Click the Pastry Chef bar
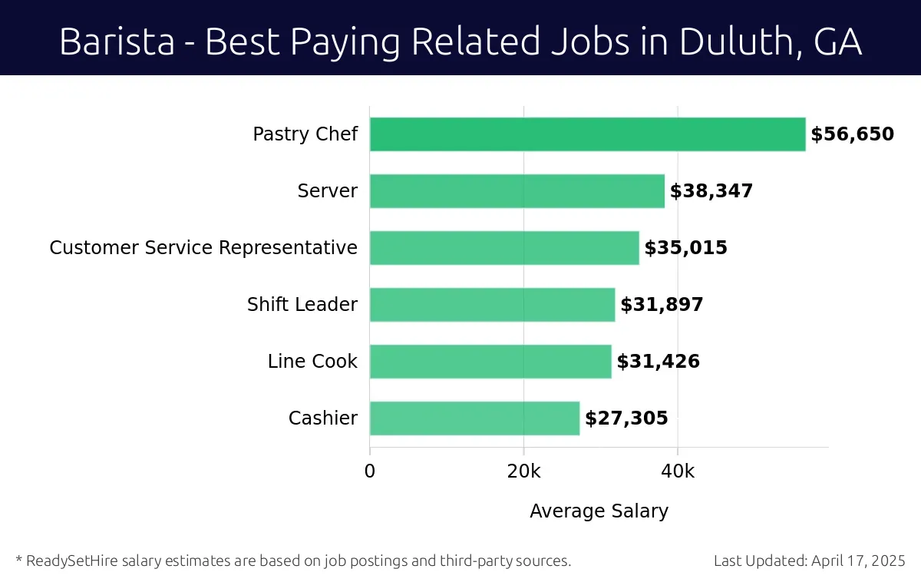point(587,134)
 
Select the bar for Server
point(517,191)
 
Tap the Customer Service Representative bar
point(504,248)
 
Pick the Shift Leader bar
point(492,305)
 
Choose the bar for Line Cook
point(490,362)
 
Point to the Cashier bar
point(474,418)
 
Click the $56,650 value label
point(852,134)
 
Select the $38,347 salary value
point(711,191)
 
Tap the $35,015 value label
point(685,248)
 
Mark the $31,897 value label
point(662,305)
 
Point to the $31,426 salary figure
point(658,362)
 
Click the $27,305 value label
point(626,418)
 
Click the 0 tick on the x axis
point(370,471)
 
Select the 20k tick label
point(523,471)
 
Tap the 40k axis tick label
point(678,471)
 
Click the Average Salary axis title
point(599,511)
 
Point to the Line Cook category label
point(312,362)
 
